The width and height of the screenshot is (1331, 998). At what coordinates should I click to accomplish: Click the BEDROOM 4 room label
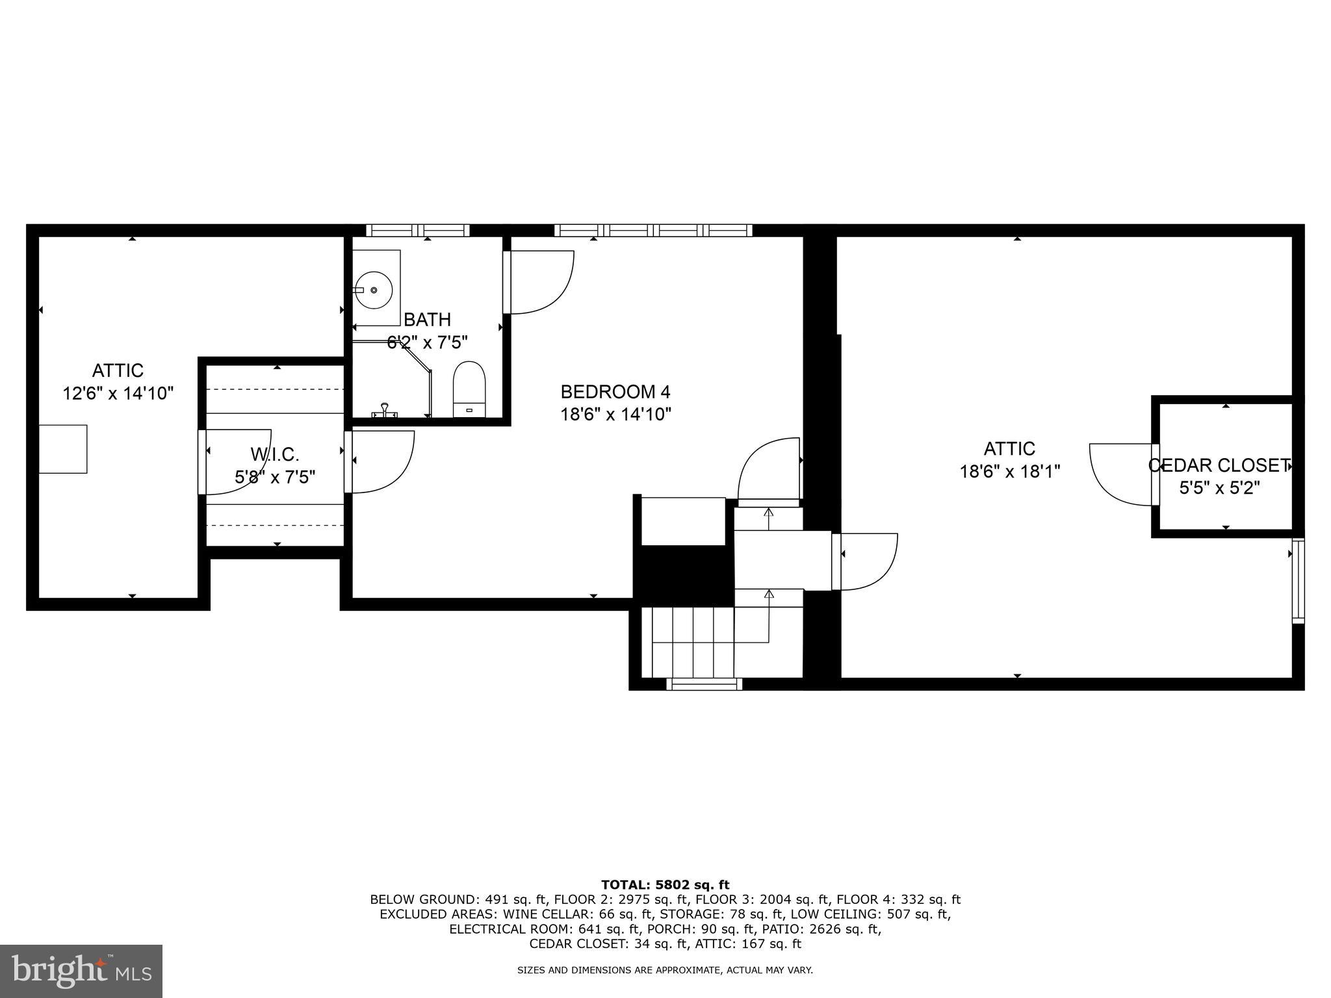pos(615,392)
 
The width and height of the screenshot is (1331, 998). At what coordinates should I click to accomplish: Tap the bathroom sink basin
pos(373,290)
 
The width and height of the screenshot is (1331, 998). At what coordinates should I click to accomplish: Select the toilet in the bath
pos(469,389)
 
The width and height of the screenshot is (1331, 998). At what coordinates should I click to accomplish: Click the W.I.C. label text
pos(274,454)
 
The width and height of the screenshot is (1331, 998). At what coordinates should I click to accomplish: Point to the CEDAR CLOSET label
pos(1219,465)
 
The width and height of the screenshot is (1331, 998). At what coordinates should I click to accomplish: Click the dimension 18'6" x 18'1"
pos(1009,471)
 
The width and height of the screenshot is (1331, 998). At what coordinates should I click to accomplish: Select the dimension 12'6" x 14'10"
pos(118,393)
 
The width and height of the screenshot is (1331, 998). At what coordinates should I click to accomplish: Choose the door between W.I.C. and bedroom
pos(379,461)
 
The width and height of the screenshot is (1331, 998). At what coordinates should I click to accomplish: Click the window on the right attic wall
pos(1297,580)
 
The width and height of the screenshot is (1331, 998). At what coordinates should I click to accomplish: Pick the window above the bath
pos(417,230)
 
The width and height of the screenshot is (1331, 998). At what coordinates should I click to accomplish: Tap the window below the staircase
pos(704,684)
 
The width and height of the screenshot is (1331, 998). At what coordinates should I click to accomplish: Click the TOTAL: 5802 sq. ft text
pos(665,884)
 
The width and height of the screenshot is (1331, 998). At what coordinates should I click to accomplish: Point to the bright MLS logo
pos(81,971)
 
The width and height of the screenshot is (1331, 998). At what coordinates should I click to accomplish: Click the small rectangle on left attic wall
pos(63,449)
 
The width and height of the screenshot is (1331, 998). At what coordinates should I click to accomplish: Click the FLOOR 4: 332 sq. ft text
pos(898,899)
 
